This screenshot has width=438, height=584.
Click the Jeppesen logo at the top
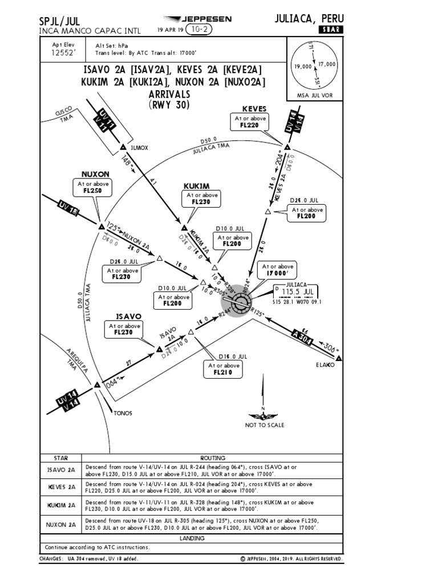click(197, 19)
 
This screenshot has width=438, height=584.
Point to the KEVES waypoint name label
click(254, 108)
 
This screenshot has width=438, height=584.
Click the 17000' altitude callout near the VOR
click(277, 270)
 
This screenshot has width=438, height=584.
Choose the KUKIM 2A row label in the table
click(60, 505)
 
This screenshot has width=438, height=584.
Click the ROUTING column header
click(212, 458)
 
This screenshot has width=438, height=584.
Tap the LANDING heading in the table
click(192, 538)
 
